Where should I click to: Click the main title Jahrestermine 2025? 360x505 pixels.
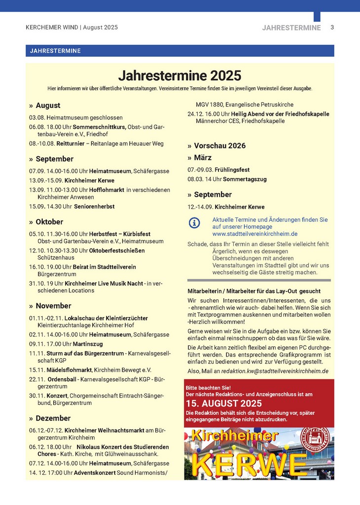coord(180,76)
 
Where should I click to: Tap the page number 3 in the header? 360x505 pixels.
coord(332,28)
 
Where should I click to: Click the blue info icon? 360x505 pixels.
coord(195,222)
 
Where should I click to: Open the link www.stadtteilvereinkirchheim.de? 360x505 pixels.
coord(254,234)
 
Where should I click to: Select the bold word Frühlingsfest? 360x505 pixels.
coord(232,170)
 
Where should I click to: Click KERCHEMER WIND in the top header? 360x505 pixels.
coord(52,28)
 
